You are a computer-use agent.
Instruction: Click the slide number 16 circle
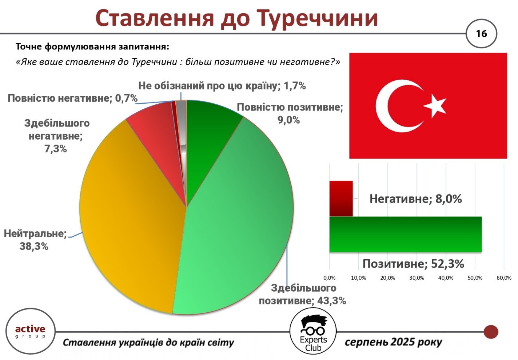(x=481, y=33)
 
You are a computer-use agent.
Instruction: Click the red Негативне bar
(x=341, y=199)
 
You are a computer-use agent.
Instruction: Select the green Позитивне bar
(x=405, y=234)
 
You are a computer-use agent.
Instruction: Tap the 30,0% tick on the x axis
(x=417, y=278)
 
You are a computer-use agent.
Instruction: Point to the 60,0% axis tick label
(x=504, y=278)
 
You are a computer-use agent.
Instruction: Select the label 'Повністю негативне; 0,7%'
(x=73, y=98)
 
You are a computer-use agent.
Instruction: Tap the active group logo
(x=30, y=331)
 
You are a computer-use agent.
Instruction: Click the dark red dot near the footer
(x=491, y=332)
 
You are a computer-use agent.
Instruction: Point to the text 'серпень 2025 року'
(x=393, y=342)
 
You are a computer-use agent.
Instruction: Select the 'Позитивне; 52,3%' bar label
(x=413, y=264)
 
